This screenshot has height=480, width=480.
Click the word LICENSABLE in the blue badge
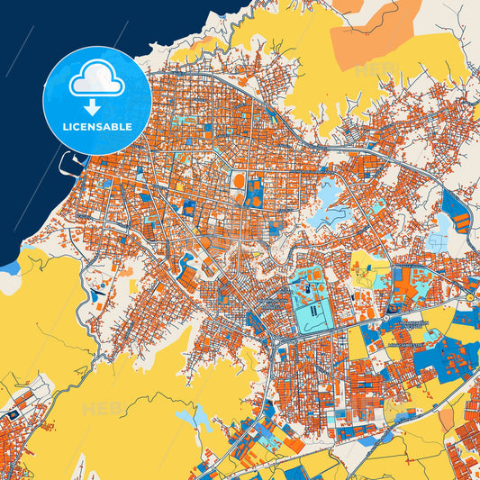[x=95, y=126]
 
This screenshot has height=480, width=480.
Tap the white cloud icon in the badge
[x=96, y=82]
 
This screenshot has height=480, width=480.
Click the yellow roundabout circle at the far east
[x=470, y=297]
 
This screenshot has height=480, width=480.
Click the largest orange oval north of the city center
[x=239, y=180]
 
